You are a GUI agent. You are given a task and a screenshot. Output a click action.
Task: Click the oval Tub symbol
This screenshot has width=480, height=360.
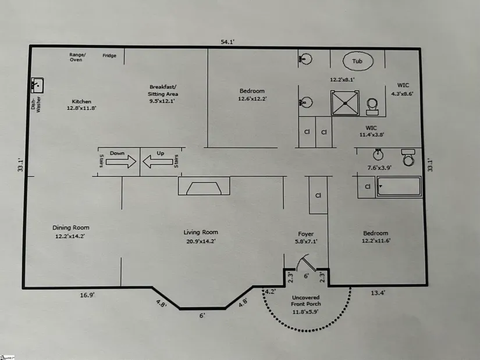pyautogui.click(x=358, y=61)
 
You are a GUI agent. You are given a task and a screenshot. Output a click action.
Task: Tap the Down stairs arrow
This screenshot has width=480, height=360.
pyautogui.click(x=121, y=161)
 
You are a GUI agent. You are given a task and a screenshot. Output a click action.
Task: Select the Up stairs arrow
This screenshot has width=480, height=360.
pyautogui.click(x=158, y=162)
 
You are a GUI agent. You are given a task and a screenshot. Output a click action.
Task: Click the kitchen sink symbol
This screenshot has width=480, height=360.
pyautogui.click(x=37, y=85)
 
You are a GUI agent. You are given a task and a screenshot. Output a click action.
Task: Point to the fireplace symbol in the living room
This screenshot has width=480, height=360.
pyautogui.click(x=204, y=186)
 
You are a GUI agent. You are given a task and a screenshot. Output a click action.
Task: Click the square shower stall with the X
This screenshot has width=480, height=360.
pyautogui.click(x=345, y=103)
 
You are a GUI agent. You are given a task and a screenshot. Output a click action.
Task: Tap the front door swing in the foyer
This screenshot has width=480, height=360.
pyautogui.click(x=306, y=263)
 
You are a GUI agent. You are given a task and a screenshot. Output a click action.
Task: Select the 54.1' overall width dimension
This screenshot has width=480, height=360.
pyautogui.click(x=227, y=42)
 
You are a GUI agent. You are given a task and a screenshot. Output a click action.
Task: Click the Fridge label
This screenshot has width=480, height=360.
pyautogui.click(x=109, y=55)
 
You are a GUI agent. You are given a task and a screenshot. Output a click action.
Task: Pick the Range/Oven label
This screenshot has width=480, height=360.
pyautogui.click(x=77, y=57)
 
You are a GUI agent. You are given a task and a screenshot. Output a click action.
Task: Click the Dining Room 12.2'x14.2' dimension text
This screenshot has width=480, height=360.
pyautogui.click(x=70, y=236)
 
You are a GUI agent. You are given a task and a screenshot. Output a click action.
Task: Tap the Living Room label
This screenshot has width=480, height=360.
pyautogui.click(x=201, y=233)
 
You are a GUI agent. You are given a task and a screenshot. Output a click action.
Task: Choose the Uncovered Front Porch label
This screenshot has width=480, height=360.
pyautogui.click(x=306, y=301)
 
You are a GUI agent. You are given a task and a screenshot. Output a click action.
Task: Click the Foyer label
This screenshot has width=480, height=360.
pyautogui.click(x=306, y=234)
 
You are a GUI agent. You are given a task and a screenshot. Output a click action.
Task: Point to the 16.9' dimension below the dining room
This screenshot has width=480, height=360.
pyautogui.click(x=87, y=295)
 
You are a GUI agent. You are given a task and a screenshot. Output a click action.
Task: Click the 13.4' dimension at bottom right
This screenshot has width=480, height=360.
pyautogui.click(x=378, y=293)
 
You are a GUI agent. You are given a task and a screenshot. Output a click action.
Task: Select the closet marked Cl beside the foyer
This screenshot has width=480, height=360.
pyautogui.click(x=318, y=195)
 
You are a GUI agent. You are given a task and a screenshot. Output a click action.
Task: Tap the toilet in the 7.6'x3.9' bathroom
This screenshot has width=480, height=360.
pyautogui.click(x=408, y=158)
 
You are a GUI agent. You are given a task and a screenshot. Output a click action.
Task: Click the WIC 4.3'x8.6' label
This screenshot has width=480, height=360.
pyautogui.click(x=403, y=90)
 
